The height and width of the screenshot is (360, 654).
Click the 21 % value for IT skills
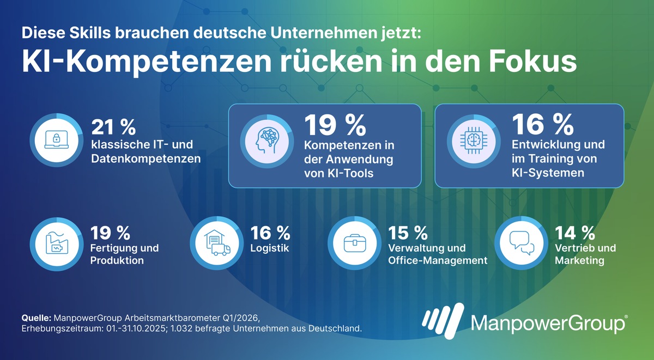[113, 127]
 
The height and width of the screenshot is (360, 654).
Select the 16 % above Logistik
[270, 233]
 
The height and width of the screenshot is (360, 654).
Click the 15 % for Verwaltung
[408, 233]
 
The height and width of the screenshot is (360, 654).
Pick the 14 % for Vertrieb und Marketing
[574, 233]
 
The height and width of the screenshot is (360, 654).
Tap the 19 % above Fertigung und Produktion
[111, 233]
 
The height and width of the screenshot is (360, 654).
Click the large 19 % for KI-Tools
[335, 126]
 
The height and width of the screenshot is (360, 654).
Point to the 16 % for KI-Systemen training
[543, 126]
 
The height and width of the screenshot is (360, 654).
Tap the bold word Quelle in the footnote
[35, 318]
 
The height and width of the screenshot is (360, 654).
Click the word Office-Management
[438, 260]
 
